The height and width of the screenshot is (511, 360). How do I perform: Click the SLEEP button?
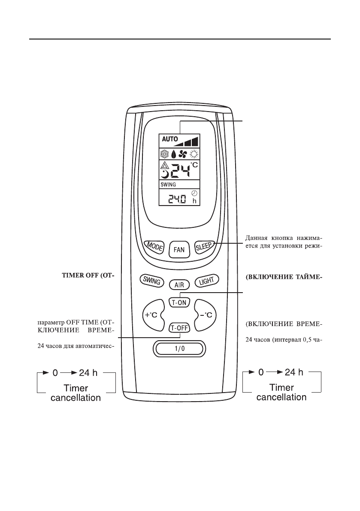205,247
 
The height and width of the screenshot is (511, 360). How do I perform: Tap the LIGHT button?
207,281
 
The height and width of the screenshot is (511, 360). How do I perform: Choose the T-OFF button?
179,328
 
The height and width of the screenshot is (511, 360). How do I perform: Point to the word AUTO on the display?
170,139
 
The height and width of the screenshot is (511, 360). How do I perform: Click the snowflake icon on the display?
166,154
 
